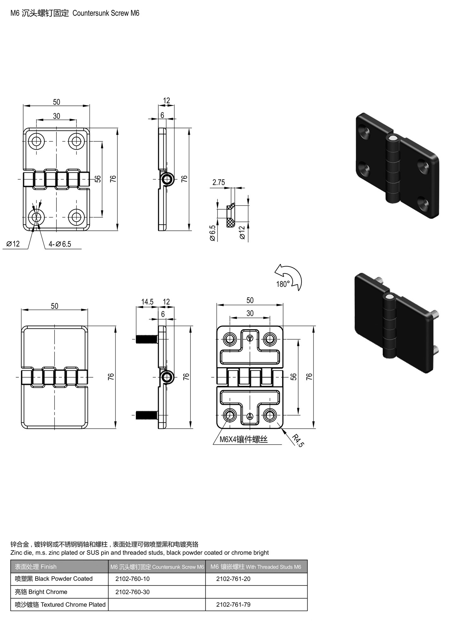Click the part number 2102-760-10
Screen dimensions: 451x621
click(x=132, y=579)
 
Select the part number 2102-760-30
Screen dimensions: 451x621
click(x=132, y=592)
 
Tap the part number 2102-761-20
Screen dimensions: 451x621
click(x=233, y=579)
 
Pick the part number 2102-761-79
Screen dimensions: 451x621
click(x=233, y=604)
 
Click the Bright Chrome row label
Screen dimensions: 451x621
click(x=41, y=592)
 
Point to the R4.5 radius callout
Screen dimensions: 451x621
click(x=298, y=441)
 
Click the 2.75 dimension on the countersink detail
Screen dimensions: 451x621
click(x=219, y=182)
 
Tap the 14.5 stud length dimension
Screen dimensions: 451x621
click(x=147, y=301)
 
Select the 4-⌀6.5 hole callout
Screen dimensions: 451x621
click(x=60, y=244)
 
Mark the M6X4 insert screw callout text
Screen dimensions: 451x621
click(x=243, y=439)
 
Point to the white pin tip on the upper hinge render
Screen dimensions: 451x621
click(x=394, y=138)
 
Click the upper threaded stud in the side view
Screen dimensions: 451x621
click(x=147, y=340)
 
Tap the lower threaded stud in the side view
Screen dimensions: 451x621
click(x=147, y=415)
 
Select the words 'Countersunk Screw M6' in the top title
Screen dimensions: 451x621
click(x=106, y=13)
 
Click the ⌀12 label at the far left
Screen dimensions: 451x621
click(x=13, y=244)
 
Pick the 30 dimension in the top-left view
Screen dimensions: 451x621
click(x=56, y=116)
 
